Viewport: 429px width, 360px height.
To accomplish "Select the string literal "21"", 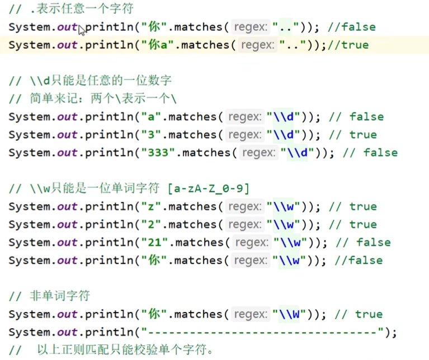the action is pos(157,243).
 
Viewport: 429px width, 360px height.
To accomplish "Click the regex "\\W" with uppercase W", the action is pos(287,314).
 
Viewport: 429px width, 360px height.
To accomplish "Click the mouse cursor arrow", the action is pos(82,30).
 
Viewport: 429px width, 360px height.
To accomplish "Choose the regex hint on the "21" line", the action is pos(251,243).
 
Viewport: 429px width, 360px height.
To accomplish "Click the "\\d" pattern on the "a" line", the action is pos(287,117).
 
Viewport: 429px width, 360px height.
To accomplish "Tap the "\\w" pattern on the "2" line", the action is pos(287,225).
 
